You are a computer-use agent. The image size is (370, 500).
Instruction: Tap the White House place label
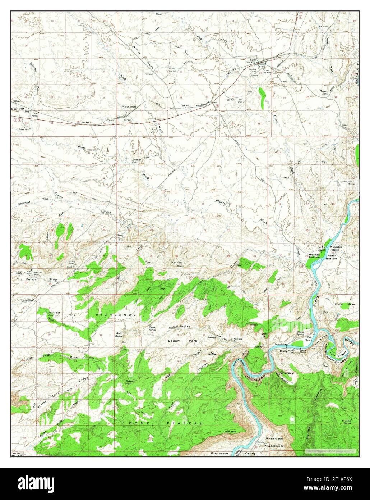pos(129,106)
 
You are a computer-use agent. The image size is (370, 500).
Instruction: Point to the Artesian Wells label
pos(137,161)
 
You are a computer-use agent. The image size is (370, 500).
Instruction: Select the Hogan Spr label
pos(322,92)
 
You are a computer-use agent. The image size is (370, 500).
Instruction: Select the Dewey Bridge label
pos(282,344)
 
